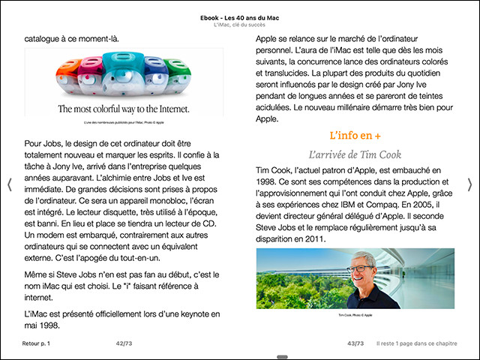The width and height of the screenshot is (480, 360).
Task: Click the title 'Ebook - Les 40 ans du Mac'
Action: (240, 16)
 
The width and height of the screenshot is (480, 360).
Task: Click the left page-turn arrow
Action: (9, 185)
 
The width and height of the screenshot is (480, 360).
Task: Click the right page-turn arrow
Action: (470, 185)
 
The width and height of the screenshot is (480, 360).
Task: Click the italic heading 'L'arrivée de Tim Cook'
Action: (355, 154)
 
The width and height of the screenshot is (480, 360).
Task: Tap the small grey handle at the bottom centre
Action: (282, 357)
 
